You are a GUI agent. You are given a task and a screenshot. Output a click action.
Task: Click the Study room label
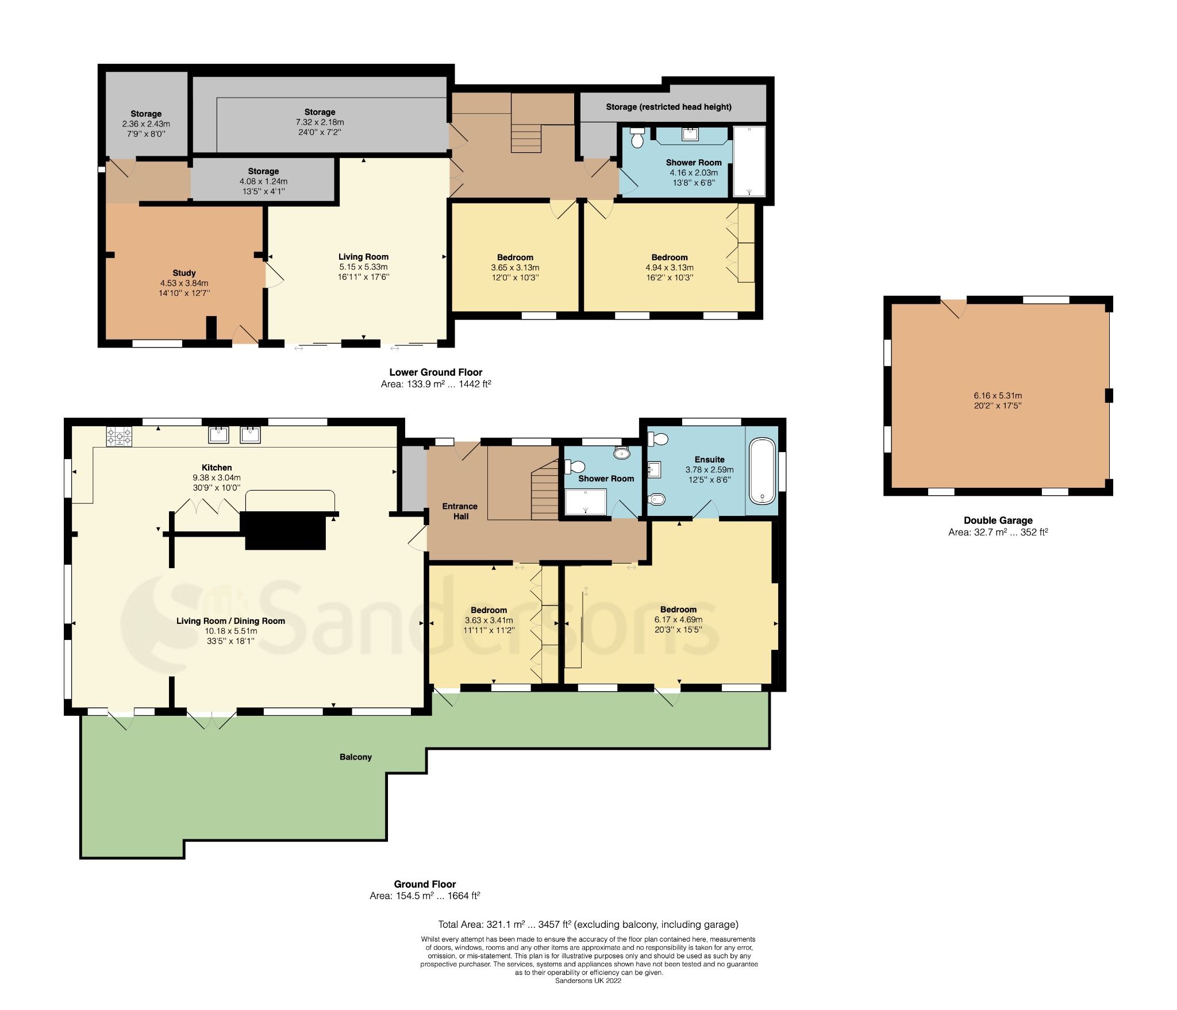pyautogui.click(x=184, y=273)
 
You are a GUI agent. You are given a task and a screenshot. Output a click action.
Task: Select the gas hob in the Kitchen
pyautogui.click(x=119, y=437)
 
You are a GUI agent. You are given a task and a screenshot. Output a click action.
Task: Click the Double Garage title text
pyautogui.click(x=998, y=521)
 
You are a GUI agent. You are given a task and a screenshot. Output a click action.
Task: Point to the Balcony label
pyautogui.click(x=355, y=757)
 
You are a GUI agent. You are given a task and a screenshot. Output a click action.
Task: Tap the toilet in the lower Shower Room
pyautogui.click(x=637, y=137)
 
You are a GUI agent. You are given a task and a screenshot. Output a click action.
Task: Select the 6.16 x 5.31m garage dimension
pyautogui.click(x=998, y=395)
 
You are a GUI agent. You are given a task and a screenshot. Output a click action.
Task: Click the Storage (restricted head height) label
pyautogui.click(x=668, y=107)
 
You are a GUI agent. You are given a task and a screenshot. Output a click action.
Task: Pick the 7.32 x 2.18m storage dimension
pyautogui.click(x=320, y=122)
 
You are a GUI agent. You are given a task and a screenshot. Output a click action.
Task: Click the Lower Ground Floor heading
pyautogui.click(x=436, y=372)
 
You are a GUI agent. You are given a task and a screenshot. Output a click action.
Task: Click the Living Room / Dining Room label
pyautogui.click(x=230, y=620)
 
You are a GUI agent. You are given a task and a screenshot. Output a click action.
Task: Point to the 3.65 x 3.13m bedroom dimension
pyautogui.click(x=515, y=268)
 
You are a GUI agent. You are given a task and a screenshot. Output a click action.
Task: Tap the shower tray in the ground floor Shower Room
pyautogui.click(x=586, y=501)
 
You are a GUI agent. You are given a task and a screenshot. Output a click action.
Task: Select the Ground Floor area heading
pyautogui.click(x=425, y=884)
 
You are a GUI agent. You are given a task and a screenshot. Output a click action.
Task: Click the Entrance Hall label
pyautogui.click(x=460, y=511)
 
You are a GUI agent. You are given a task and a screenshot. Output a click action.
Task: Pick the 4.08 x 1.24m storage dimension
pyautogui.click(x=263, y=182)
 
